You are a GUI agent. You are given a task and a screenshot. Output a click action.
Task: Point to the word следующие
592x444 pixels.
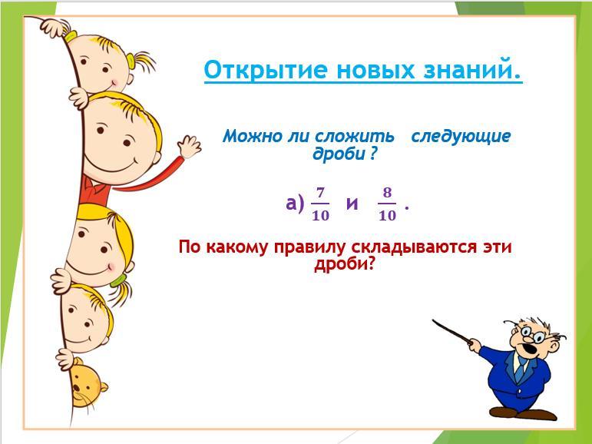coord(461,137)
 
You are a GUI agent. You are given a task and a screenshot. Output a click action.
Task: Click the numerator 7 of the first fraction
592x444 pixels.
coord(320,193)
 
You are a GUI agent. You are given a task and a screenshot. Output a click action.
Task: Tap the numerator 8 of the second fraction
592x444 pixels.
coord(387,193)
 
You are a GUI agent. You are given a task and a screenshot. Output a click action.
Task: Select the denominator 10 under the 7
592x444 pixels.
coord(320,215)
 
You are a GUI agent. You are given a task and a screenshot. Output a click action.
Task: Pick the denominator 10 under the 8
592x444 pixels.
coord(387,215)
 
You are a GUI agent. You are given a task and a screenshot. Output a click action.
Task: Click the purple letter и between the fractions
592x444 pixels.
coord(352,204)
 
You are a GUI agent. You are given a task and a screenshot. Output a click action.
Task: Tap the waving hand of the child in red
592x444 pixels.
coord(190,147)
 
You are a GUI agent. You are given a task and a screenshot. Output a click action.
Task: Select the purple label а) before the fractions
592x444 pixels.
coord(295,204)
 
